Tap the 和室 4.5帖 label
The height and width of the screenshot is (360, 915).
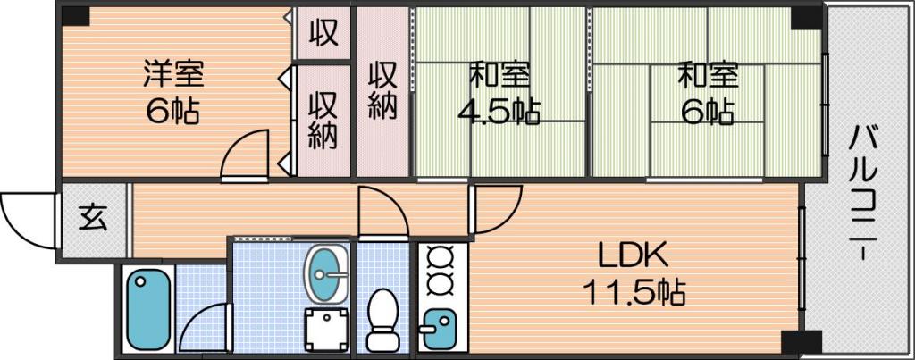(x=499, y=93)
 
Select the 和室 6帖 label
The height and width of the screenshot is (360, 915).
(x=708, y=93)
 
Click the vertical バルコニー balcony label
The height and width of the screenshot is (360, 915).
(x=862, y=194)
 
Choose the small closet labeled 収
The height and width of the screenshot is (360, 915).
(x=323, y=33)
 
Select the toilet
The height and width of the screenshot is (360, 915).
(x=382, y=321)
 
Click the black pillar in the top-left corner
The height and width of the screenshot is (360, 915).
(x=75, y=16)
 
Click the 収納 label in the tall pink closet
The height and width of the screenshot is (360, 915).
(x=382, y=90)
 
